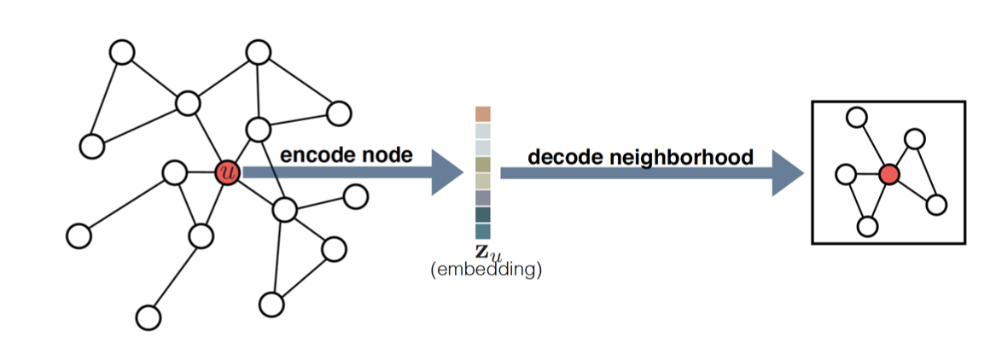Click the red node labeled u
226,172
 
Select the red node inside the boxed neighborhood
889,175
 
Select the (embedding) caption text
483,270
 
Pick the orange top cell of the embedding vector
483,114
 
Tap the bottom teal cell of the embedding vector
483,231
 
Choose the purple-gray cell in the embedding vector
483,198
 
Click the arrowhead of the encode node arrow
446,172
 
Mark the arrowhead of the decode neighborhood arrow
787,173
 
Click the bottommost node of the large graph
149,317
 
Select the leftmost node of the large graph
78,235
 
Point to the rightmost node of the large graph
355,196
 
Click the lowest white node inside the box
867,226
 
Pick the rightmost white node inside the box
937,204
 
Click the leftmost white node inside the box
846,174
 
